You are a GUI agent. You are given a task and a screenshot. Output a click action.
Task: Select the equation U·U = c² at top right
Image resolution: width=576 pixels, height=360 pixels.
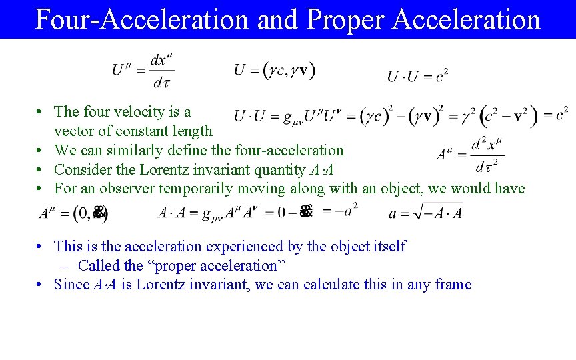(417, 76)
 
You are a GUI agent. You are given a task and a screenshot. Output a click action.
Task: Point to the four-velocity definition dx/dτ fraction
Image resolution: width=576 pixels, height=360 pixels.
(159, 70)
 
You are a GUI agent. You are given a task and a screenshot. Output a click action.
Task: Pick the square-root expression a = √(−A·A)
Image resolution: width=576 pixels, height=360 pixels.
(425, 213)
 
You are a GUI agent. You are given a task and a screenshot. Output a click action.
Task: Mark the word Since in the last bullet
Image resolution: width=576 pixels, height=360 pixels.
(72, 285)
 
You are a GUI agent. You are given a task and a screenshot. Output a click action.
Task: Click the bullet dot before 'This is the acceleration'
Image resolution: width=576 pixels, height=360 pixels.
(41, 247)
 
